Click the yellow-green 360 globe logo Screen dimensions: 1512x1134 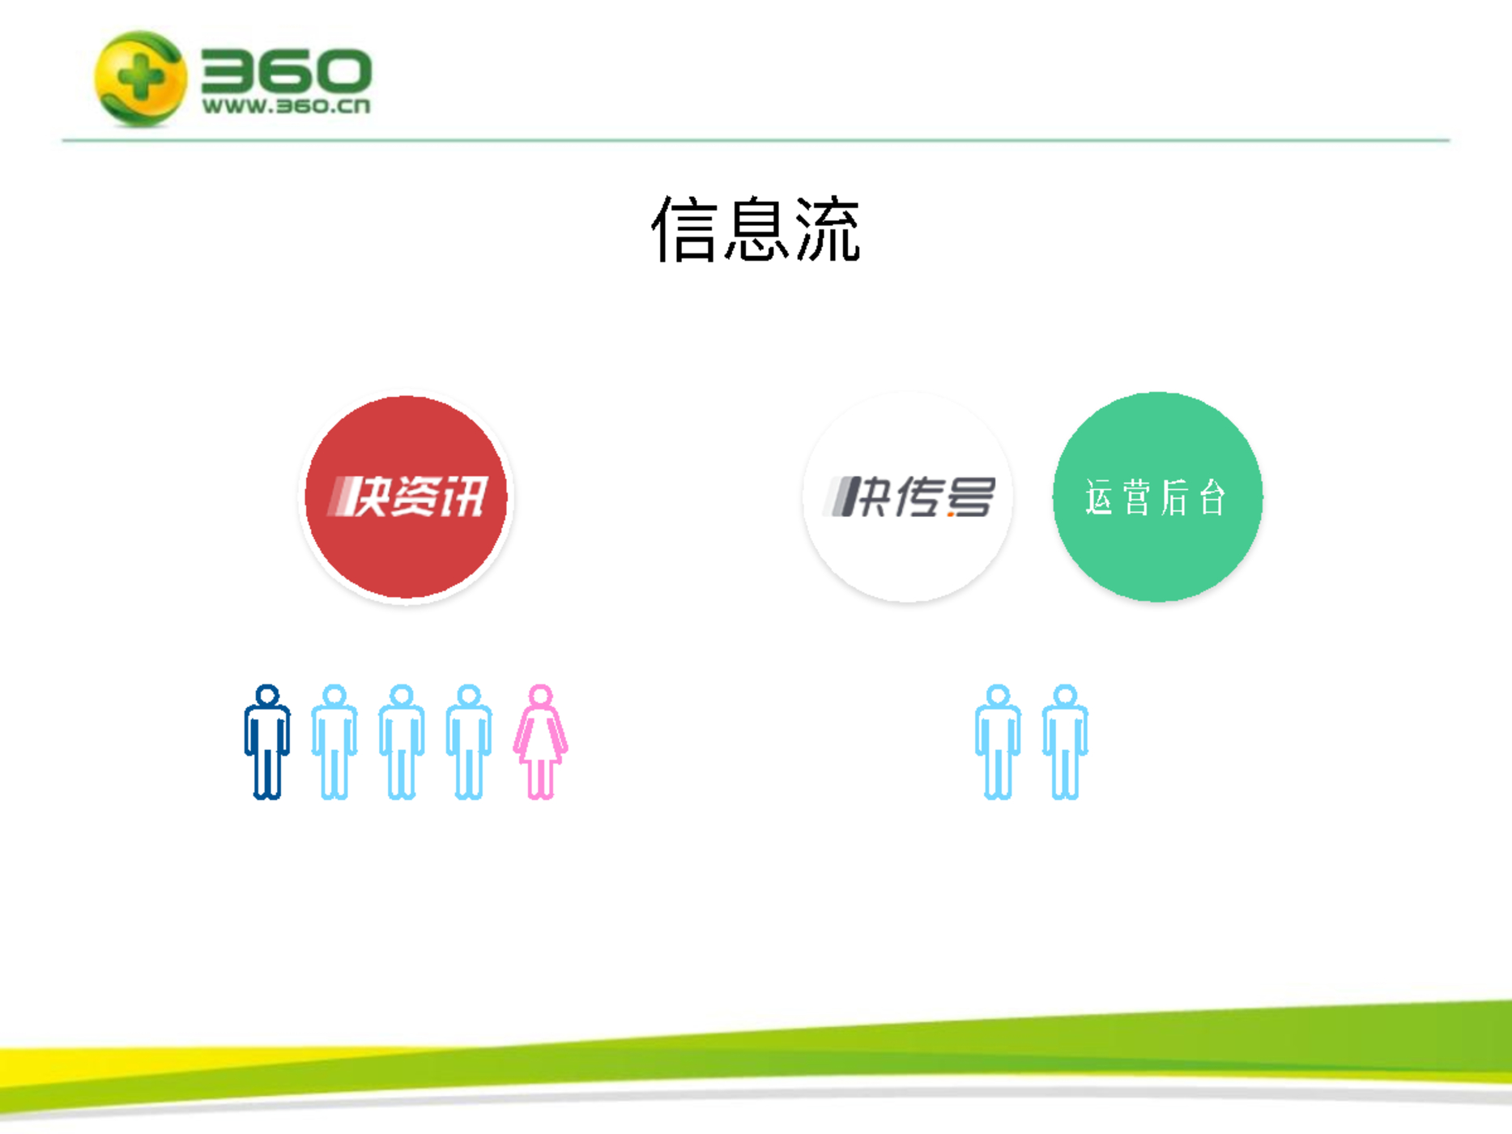(140, 79)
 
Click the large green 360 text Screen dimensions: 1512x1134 (286, 70)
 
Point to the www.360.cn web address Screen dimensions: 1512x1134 (286, 106)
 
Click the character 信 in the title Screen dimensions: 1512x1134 (685, 229)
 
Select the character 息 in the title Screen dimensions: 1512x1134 (756, 229)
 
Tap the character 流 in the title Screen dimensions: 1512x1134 (827, 229)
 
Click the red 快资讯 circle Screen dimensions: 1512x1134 (406, 497)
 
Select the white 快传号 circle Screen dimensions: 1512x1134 (907, 497)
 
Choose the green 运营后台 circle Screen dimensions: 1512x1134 (1157, 497)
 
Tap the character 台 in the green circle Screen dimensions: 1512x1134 (1212, 497)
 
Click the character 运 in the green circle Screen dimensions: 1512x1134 (1100, 497)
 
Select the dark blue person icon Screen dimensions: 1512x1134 (267, 742)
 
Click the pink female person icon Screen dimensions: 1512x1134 (540, 742)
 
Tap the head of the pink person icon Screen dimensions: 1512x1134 (540, 696)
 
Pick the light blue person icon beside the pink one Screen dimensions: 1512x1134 (469, 742)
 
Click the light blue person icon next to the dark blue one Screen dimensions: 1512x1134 (334, 742)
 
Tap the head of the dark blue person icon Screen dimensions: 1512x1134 (267, 696)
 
